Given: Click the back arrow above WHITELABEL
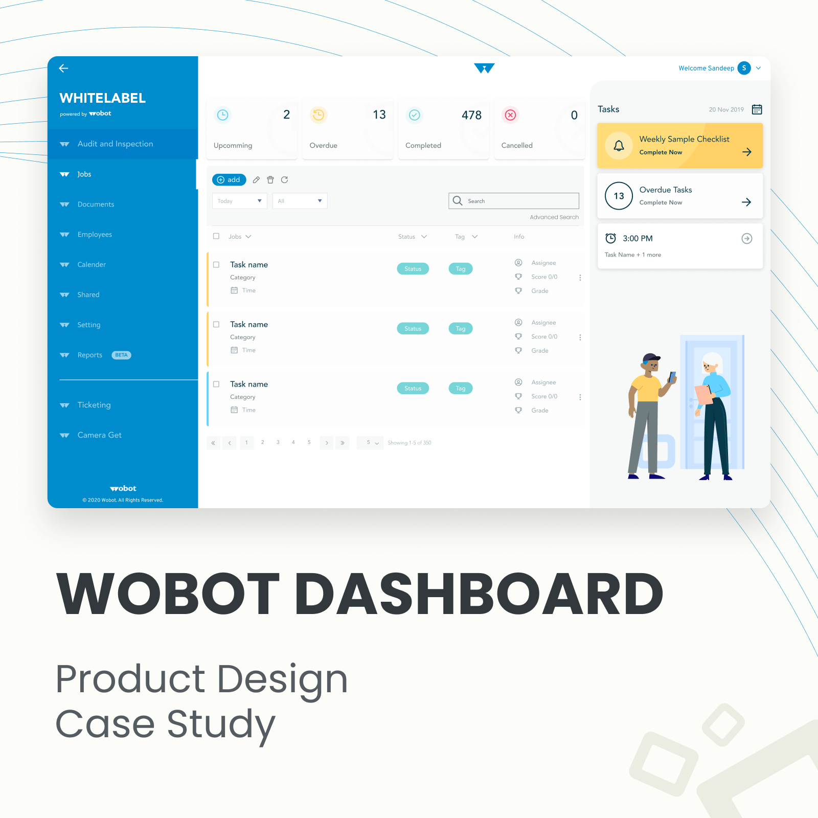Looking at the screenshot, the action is point(63,68).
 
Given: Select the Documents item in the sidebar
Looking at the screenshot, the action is point(96,204).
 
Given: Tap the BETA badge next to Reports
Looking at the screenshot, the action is point(122,355).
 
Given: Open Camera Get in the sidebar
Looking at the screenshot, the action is point(99,435).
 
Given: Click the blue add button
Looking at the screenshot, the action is point(229,179).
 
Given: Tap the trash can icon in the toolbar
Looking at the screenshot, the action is point(270,179).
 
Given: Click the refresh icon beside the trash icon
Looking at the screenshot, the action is point(285,179).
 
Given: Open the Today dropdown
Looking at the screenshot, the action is point(239,201).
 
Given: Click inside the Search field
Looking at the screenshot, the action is point(514,201).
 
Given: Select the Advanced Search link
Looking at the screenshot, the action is point(554,217).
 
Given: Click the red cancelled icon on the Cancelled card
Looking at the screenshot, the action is point(510,115).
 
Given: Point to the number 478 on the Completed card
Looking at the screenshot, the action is point(471,115).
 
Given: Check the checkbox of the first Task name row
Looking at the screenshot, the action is point(216,264).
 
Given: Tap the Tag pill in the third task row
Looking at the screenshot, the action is point(461,389).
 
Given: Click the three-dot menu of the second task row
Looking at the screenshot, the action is point(580,337).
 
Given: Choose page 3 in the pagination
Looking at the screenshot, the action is point(278,442).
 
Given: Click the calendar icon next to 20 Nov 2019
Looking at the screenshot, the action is point(757,109).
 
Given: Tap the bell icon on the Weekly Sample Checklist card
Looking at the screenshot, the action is point(619,146).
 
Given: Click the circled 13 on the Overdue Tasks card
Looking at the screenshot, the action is point(619,196).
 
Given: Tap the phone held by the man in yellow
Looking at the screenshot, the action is point(672,377).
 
